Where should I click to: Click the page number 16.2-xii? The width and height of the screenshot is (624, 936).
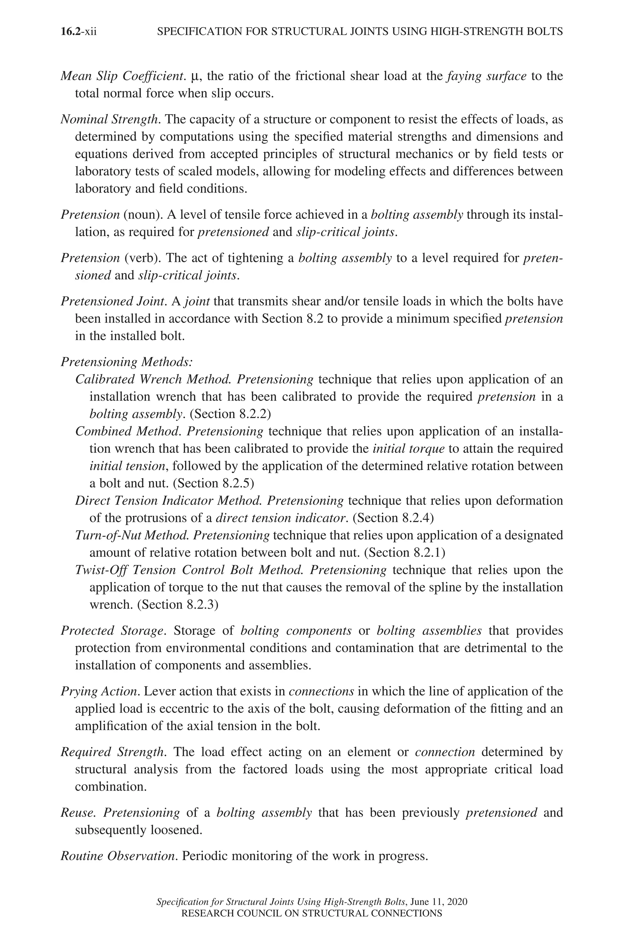pos(79,32)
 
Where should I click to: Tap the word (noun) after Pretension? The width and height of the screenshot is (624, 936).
pos(143,215)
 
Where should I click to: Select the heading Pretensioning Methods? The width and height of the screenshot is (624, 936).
pos(126,362)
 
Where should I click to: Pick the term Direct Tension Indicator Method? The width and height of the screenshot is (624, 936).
pos(168,501)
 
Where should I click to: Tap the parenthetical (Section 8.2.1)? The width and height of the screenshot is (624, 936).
pos(405,552)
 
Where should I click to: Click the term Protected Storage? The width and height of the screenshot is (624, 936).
pos(113,631)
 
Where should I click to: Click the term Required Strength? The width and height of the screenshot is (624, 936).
pos(113,752)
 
